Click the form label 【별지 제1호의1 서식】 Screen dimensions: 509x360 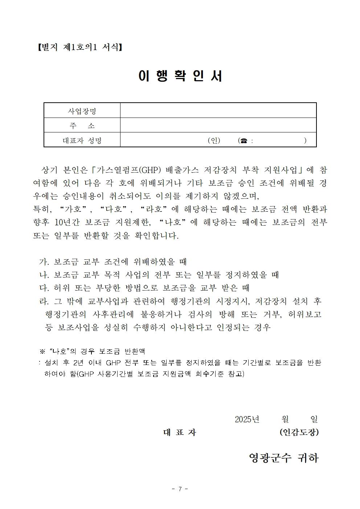[x=79, y=47]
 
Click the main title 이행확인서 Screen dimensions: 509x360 [x=180, y=75]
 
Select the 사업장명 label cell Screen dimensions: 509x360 [x=82, y=111]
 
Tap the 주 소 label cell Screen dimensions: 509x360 [x=82, y=126]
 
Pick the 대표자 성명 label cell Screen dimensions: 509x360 [x=82, y=140]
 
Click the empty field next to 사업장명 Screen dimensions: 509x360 [x=218, y=111]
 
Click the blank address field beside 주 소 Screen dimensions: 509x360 [x=218, y=126]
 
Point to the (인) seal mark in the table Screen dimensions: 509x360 [x=214, y=140]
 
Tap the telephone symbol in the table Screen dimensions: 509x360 [x=242, y=141]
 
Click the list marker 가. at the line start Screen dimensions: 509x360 [x=44, y=262]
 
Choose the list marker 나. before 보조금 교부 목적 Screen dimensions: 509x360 [x=44, y=275]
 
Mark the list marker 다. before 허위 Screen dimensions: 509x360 [x=44, y=288]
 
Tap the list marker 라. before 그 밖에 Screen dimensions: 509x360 [x=44, y=301]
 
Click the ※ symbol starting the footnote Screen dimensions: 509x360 [x=42, y=351]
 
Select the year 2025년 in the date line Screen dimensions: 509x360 [x=247, y=419]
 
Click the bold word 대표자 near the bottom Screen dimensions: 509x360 [x=180, y=432]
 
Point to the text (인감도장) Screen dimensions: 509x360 [x=299, y=432]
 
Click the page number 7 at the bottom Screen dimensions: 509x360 [x=180, y=489]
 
